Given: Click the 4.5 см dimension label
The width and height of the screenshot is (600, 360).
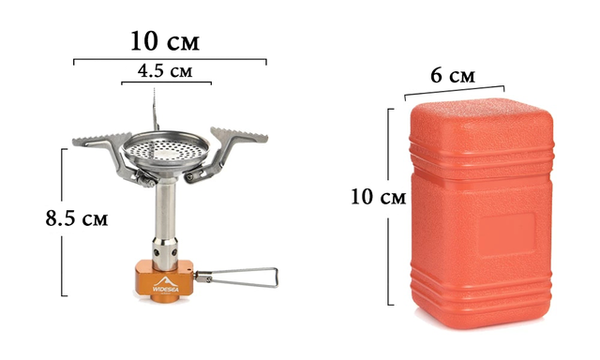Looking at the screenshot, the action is [x=165, y=70].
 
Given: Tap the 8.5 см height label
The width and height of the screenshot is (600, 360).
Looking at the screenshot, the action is [x=77, y=218].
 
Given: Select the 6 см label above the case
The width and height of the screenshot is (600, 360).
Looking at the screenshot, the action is [x=453, y=75].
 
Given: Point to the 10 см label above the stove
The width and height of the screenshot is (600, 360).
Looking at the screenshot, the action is [x=165, y=41].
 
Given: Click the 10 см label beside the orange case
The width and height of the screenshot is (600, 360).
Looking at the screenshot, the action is [x=378, y=198].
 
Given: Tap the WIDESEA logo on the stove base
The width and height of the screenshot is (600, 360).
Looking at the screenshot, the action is [x=166, y=285].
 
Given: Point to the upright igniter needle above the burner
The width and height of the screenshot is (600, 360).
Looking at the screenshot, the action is [x=155, y=109].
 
